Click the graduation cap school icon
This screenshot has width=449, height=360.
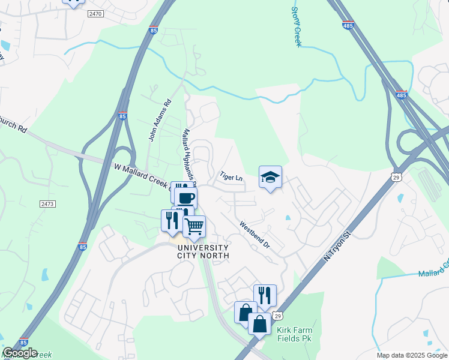pyautogui.click(x=270, y=177)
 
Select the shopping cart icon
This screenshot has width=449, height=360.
pyautogui.click(x=194, y=226)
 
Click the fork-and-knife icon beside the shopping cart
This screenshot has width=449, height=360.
pyautogui.click(x=172, y=220)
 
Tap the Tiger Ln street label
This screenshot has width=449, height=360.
pyautogui.click(x=231, y=178)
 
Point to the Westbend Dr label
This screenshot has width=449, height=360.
pyautogui.click(x=255, y=236)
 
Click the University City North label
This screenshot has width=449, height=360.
pyautogui.click(x=202, y=251)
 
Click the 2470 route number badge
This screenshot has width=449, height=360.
pyautogui.click(x=95, y=13)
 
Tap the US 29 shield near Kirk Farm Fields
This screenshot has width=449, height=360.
pyautogui.click(x=276, y=316)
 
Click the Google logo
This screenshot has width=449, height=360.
pyautogui.click(x=20, y=353)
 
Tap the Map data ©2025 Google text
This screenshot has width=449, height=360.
pyautogui.click(x=411, y=355)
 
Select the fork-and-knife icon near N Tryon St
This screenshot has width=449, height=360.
pyautogui.click(x=264, y=295)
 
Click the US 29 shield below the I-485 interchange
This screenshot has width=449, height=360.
pyautogui.click(x=395, y=176)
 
